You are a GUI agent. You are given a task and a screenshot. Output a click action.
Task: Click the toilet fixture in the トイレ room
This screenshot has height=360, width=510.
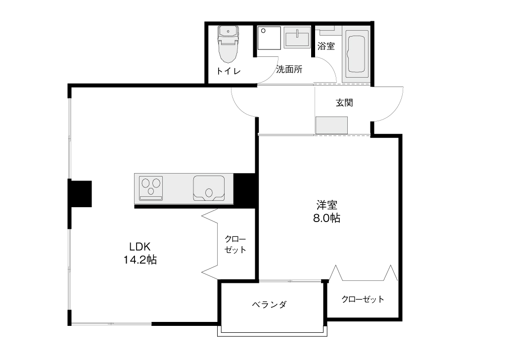click(x=228, y=45)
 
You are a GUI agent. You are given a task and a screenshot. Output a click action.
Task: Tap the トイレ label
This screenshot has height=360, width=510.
click(x=229, y=71)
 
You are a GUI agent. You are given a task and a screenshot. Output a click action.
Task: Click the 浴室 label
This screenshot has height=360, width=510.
click(x=326, y=46)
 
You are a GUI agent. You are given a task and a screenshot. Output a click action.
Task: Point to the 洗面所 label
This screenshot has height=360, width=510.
click(x=289, y=69)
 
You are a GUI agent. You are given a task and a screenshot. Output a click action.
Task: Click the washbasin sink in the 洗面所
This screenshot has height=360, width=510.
click(x=297, y=37)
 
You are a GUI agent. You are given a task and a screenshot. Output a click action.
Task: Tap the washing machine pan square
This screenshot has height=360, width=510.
click(x=269, y=38)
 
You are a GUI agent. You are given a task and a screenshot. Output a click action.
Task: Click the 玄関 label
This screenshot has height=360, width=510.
click(x=344, y=103)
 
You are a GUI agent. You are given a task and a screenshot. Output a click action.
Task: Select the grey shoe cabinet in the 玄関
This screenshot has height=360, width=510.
click(x=331, y=125)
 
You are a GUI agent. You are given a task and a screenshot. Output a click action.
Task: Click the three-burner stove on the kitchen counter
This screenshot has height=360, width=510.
click(x=151, y=188)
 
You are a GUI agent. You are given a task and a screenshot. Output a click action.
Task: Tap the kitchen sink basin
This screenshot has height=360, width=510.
click(x=209, y=188)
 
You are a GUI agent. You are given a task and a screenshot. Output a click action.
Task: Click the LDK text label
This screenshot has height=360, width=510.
click(x=140, y=247)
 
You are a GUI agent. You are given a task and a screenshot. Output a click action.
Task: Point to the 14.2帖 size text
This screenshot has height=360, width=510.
click(x=140, y=260)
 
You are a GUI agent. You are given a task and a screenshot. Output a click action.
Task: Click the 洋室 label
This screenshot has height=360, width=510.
click(x=327, y=205)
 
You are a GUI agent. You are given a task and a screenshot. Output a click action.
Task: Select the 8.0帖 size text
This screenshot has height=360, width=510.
click(x=327, y=218)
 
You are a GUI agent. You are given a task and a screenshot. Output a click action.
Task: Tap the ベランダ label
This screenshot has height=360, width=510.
click(x=269, y=305)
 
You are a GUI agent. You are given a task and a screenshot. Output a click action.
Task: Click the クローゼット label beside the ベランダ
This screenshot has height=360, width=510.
click(x=363, y=299)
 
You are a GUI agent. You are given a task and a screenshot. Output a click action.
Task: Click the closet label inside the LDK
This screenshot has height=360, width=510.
click(x=235, y=245)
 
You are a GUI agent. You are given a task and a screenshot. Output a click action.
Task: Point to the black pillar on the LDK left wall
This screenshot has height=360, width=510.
click(x=80, y=194)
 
